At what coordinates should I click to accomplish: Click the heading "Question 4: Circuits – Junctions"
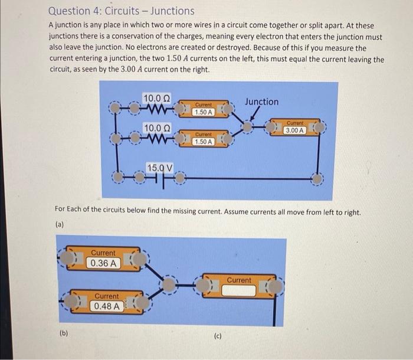tap(121, 11)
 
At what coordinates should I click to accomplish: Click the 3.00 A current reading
tap(294, 130)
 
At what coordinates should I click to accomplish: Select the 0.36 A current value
tap(103, 263)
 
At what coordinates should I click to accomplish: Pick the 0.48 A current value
tap(107, 306)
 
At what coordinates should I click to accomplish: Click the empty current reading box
tap(239, 290)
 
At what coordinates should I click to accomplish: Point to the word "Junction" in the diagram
tap(262, 102)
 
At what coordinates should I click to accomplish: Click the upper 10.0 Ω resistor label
tap(157, 97)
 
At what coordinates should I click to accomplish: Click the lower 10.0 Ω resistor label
tap(157, 128)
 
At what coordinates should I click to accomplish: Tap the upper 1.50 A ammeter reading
tap(203, 112)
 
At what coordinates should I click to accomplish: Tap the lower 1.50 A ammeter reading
tap(203, 142)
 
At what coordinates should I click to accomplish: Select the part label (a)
tap(59, 224)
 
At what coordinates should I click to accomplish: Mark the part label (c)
tap(218, 337)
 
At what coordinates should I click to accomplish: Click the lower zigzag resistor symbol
tap(157, 139)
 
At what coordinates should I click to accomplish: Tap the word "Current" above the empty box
tap(239, 280)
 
